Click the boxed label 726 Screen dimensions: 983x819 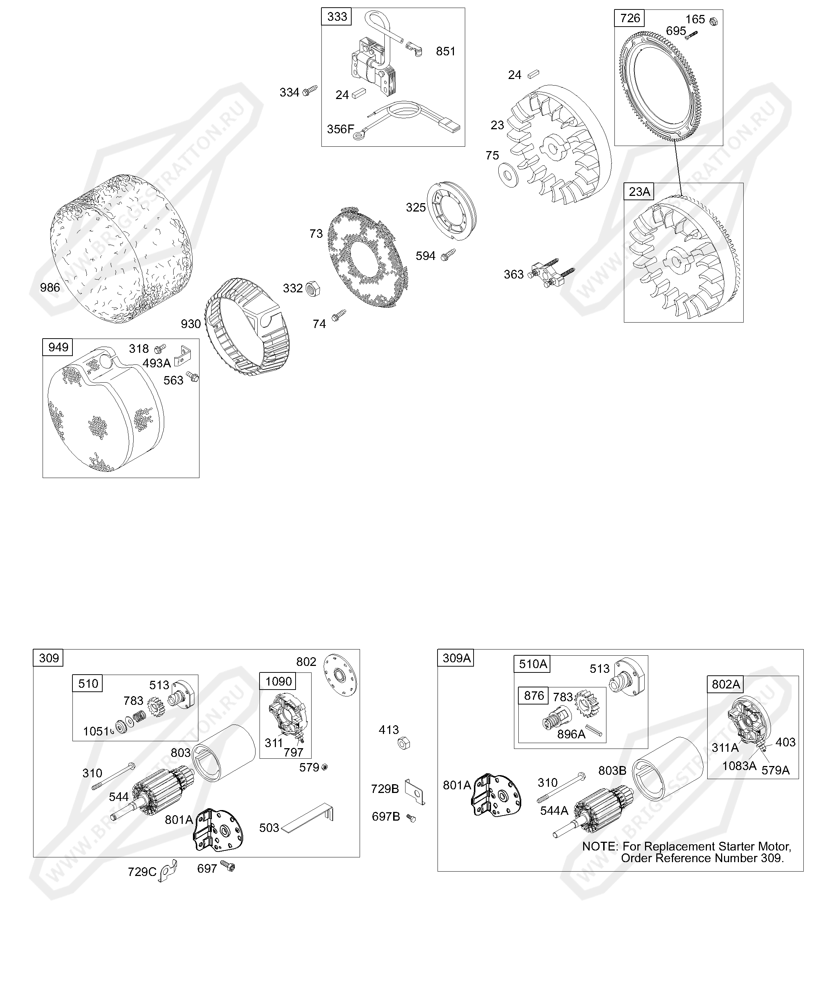click(x=629, y=18)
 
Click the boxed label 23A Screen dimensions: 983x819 click(x=639, y=192)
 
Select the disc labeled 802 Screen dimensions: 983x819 click(x=340, y=675)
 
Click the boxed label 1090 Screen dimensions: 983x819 click(x=278, y=681)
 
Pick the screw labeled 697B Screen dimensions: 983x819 click(x=411, y=818)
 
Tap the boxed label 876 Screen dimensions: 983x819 click(x=534, y=696)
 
